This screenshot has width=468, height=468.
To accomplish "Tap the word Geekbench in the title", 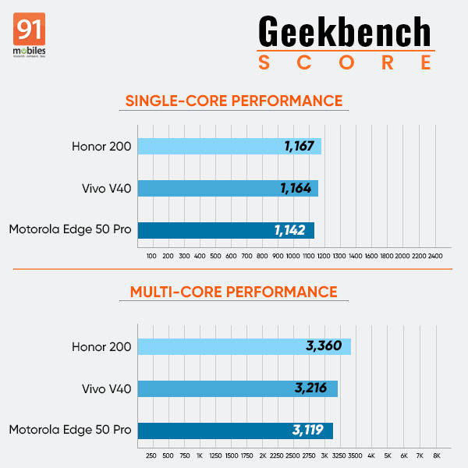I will point(344,32).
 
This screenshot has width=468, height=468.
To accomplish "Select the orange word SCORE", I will point(344,63).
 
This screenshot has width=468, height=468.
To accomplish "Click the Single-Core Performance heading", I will point(234,101).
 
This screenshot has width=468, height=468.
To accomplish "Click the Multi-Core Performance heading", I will point(234,292).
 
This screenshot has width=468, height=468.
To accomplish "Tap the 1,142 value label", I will point(291,230).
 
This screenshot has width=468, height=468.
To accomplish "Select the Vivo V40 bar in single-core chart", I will point(227,188).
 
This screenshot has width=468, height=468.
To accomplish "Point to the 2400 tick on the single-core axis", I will point(434,256).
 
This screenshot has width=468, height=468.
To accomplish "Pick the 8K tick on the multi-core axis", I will point(437,456).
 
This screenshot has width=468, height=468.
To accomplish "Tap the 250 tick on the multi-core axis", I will point(151,456).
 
